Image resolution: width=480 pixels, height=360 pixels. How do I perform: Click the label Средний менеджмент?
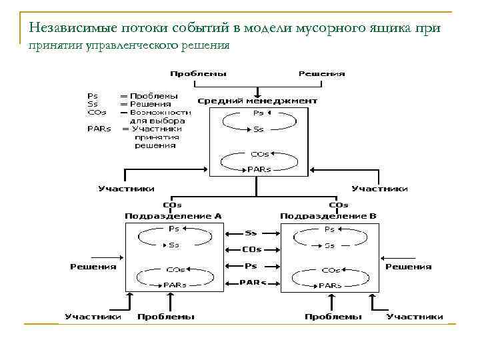pyautogui.click(x=257, y=101)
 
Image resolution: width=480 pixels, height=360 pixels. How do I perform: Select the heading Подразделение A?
pyautogui.click(x=173, y=216)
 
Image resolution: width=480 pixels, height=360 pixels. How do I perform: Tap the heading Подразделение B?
pyautogui.click(x=328, y=216)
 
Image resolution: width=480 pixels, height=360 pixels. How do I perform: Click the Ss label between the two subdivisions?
pyautogui.click(x=251, y=233)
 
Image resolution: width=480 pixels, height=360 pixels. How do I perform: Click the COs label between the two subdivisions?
pyautogui.click(x=251, y=249)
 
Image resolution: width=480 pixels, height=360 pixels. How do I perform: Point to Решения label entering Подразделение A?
pyautogui.click(x=93, y=267)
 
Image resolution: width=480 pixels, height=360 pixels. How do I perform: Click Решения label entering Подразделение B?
pyautogui.click(x=408, y=267)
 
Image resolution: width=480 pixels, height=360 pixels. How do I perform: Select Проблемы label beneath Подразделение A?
pyautogui.click(x=166, y=317)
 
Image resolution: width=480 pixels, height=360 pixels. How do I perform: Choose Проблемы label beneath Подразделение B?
pyautogui.click(x=333, y=317)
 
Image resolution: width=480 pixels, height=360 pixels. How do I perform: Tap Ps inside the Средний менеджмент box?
pyautogui.click(x=259, y=113)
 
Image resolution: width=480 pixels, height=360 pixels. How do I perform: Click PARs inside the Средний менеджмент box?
pyautogui.click(x=259, y=169)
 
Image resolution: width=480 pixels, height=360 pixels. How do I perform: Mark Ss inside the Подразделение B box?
pyautogui.click(x=329, y=245)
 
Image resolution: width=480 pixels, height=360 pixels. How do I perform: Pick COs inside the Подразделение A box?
pyautogui.click(x=175, y=270)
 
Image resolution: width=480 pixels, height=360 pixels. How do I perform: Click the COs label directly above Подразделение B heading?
pyautogui.click(x=339, y=205)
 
